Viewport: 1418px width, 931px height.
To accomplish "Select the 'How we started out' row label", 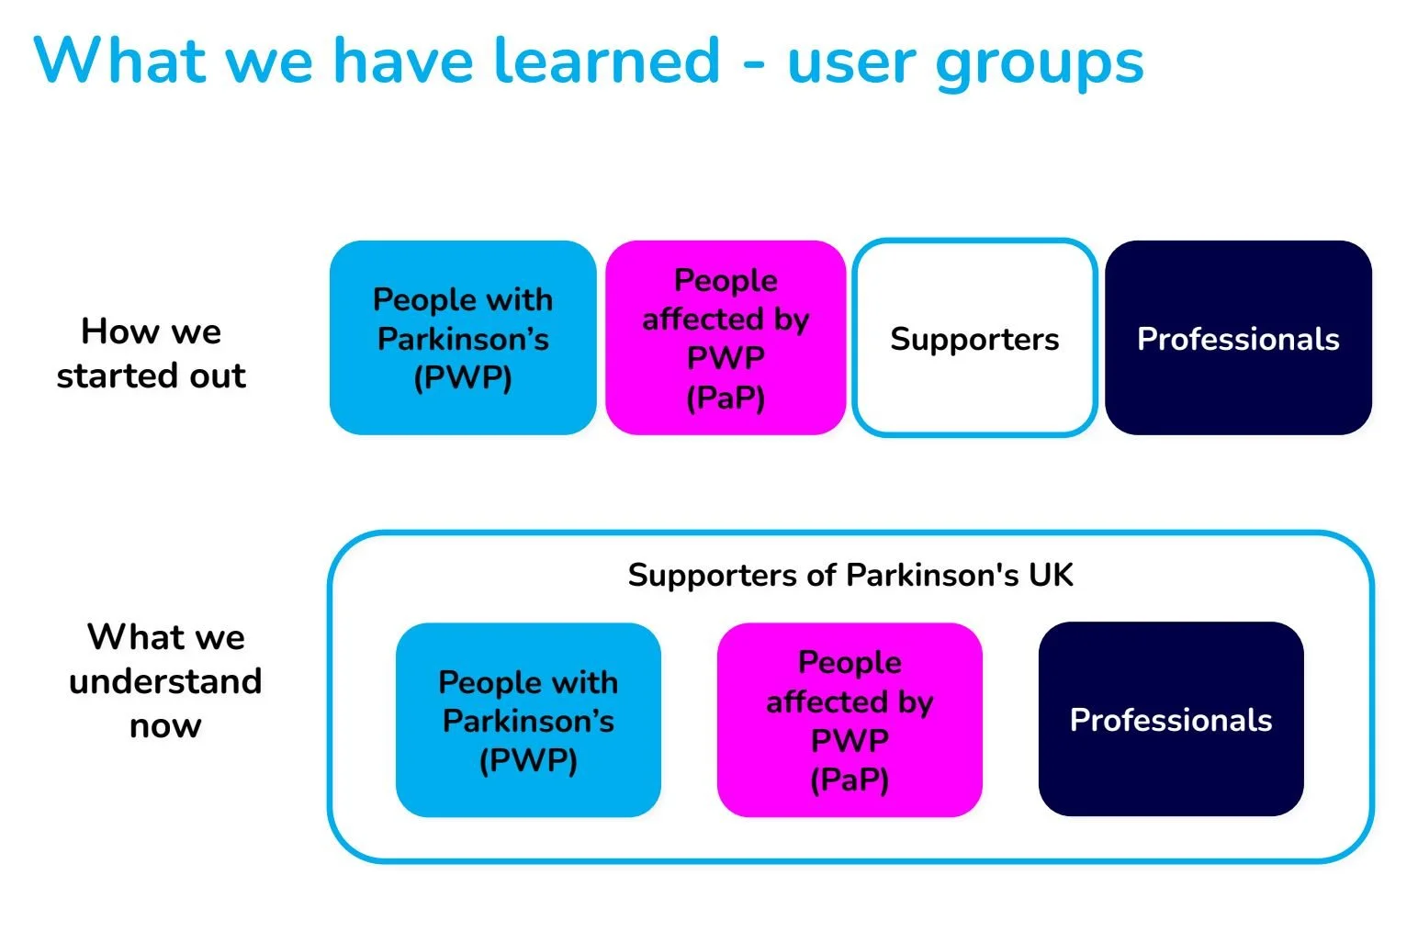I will click(152, 353).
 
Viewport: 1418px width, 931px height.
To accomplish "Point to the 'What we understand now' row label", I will click(165, 680).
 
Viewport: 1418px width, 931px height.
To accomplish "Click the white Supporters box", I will click(974, 338).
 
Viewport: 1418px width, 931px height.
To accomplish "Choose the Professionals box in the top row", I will click(1238, 338).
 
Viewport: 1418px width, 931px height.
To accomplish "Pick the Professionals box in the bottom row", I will click(1171, 719).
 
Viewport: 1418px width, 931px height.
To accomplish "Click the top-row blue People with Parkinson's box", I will click(463, 338).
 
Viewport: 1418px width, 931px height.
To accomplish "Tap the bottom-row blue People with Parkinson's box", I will click(528, 720).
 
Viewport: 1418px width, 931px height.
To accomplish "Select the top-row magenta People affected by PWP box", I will click(726, 338).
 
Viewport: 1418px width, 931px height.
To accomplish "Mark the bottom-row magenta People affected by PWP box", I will click(850, 720).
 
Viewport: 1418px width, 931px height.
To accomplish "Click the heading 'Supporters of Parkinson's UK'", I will click(850, 575).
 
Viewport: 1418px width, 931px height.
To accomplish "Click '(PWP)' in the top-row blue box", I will click(463, 377).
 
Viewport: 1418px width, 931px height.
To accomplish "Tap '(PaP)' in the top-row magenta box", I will click(726, 398).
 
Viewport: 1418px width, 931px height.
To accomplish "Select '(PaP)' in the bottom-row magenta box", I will click(850, 780).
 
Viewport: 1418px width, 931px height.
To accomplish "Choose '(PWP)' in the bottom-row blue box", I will click(528, 760).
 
